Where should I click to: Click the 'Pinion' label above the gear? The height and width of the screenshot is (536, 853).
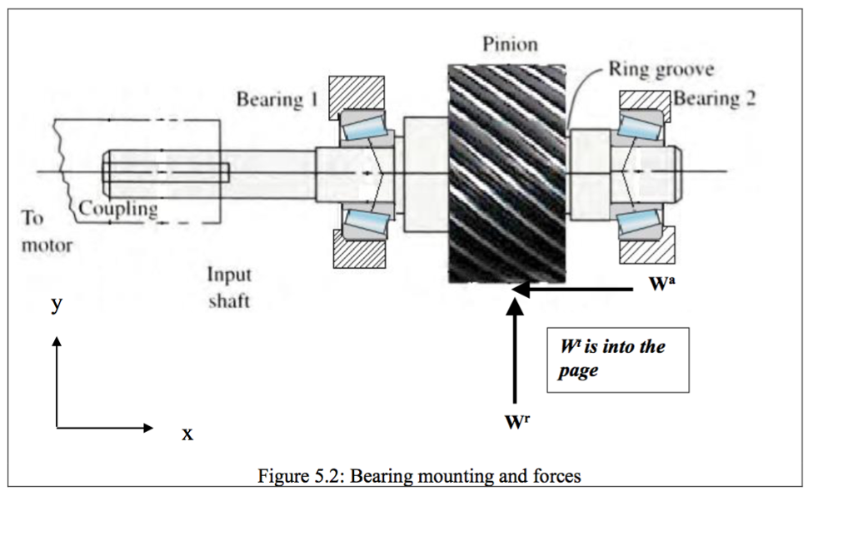point(510,44)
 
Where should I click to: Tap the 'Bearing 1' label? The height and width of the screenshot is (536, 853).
point(277,100)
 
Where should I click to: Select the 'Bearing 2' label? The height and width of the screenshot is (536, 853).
point(715,98)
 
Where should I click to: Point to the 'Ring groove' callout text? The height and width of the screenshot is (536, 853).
point(661,69)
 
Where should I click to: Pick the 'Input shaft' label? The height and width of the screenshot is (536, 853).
point(229,287)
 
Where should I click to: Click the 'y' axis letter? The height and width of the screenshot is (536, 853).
point(56,305)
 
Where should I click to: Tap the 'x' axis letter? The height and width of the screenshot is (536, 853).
point(187,433)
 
